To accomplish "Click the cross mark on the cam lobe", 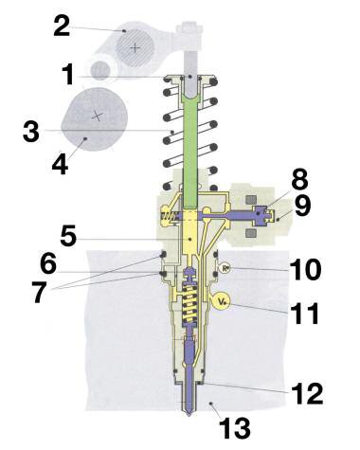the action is (x=96, y=115).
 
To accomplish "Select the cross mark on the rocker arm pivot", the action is (x=136, y=45).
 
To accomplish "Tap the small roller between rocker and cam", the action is (x=101, y=69).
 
